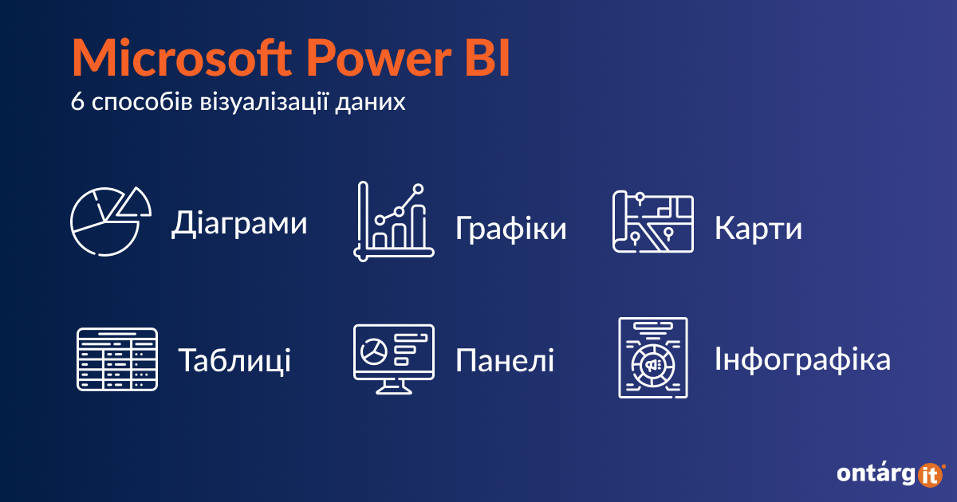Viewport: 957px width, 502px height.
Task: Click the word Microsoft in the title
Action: [182, 57]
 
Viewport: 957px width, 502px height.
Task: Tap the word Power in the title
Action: [379, 57]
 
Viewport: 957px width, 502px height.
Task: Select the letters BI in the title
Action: [487, 57]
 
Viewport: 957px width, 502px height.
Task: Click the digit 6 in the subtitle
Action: [77, 102]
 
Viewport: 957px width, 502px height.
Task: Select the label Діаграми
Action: [239, 223]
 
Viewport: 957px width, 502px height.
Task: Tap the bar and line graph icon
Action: [394, 222]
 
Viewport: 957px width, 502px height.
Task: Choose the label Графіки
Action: [511, 229]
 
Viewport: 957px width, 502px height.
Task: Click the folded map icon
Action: [653, 222]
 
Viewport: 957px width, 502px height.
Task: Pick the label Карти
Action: [758, 229]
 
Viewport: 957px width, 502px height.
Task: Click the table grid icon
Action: [117, 359]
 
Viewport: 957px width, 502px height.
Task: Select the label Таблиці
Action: [234, 361]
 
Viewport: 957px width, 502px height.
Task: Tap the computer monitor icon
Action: [394, 359]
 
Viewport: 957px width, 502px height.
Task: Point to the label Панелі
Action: [505, 361]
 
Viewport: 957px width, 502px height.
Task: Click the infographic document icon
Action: [653, 358]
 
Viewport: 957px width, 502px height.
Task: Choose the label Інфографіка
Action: [803, 359]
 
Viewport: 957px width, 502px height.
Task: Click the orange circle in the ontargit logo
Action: [930, 475]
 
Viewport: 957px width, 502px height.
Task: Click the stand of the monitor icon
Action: [394, 387]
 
